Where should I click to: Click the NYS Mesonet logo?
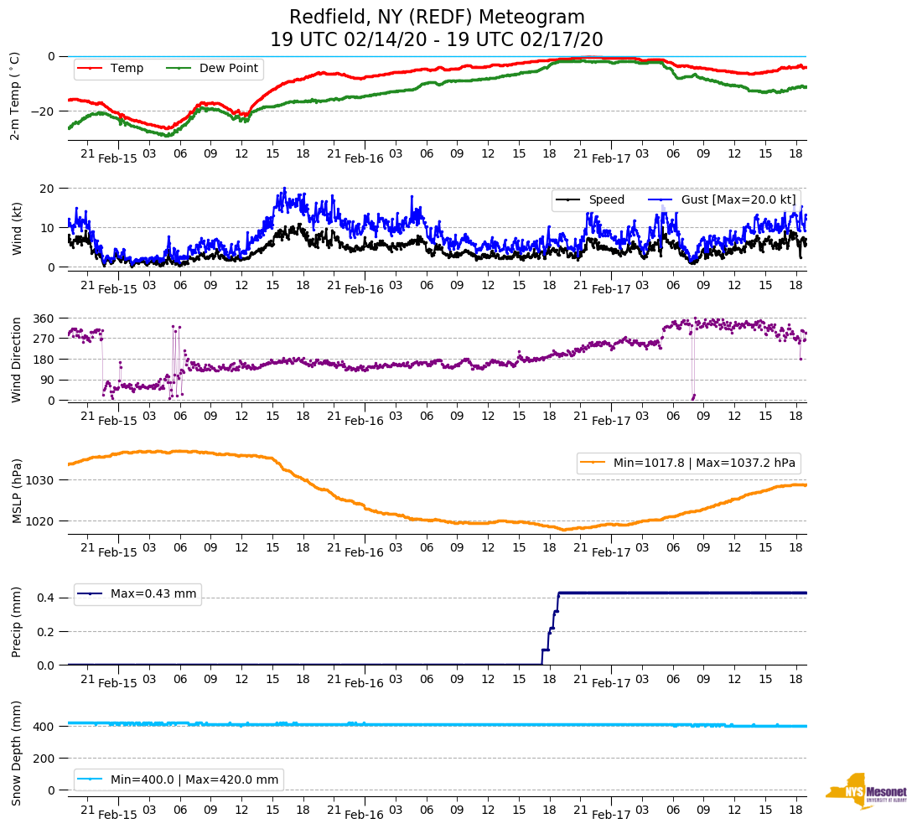point(865,791)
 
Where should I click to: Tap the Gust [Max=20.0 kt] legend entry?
point(724,200)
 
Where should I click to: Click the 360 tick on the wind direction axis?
point(44,319)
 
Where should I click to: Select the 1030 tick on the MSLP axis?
point(42,480)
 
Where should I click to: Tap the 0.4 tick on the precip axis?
point(46,598)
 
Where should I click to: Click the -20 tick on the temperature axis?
point(43,111)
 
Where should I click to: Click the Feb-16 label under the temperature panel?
point(364,158)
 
